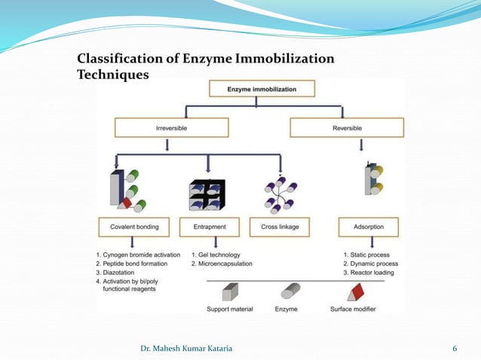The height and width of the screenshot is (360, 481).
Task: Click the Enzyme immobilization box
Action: click(261, 90)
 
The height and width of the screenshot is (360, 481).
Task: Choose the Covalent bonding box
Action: click(134, 227)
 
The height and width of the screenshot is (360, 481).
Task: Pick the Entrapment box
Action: click(210, 227)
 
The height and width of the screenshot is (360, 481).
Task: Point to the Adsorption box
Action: click(366, 227)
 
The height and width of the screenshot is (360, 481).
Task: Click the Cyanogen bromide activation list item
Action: click(142, 255)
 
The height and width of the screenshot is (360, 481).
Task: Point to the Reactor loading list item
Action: click(368, 273)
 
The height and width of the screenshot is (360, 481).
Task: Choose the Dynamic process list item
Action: click(370, 264)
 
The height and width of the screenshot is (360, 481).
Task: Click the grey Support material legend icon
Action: click(230, 292)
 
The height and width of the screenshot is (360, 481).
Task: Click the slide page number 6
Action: click(455, 349)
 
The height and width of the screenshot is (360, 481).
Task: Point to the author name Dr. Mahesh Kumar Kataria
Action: click(192, 349)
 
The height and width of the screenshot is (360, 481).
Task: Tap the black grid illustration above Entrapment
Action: click(207, 195)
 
